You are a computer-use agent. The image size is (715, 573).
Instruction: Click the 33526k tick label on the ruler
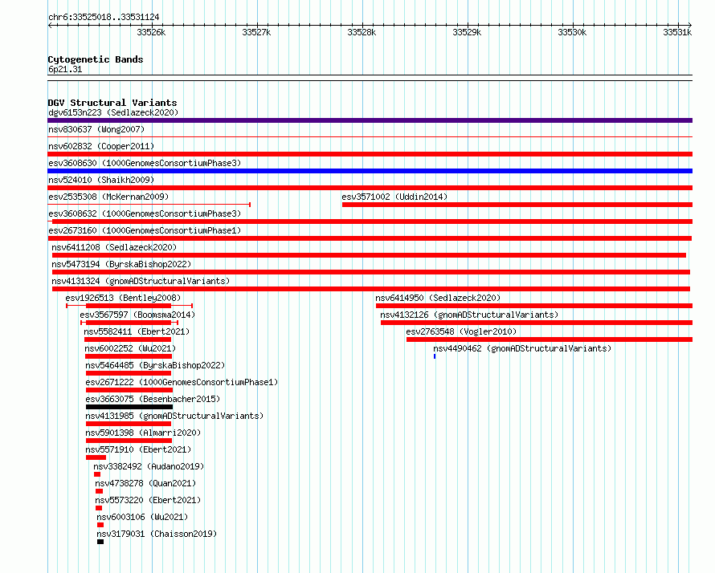point(151,32)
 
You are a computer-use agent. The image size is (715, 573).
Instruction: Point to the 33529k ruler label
point(467,32)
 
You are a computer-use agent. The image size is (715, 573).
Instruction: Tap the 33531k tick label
point(677,32)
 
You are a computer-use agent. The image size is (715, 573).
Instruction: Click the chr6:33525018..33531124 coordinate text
point(104,18)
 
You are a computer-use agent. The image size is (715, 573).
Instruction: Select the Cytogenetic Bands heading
point(96,59)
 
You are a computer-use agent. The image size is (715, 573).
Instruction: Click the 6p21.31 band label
point(65,69)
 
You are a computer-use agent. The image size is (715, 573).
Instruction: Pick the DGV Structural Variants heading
point(112,103)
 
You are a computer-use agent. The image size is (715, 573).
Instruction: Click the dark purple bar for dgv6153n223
point(370,120)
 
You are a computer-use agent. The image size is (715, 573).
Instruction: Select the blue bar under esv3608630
point(370,171)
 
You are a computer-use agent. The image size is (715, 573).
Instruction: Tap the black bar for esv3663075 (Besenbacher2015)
point(129,407)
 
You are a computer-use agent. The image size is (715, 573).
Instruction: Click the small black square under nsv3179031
point(100,542)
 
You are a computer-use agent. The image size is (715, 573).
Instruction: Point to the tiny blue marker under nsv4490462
point(435,356)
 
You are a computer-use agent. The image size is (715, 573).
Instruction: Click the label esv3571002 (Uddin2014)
point(394,197)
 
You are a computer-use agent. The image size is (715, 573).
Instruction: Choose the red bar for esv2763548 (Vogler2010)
point(550,339)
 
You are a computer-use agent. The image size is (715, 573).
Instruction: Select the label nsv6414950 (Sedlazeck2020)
point(438,298)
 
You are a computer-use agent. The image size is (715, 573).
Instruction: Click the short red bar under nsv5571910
point(96,457)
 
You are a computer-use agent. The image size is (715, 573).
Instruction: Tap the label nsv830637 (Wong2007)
point(96,129)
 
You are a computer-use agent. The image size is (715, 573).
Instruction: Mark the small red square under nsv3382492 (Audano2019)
point(97,474)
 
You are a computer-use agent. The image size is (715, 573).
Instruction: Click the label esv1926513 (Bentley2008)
point(123,298)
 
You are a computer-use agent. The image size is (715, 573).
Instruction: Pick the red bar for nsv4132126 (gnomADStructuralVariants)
point(537,323)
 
